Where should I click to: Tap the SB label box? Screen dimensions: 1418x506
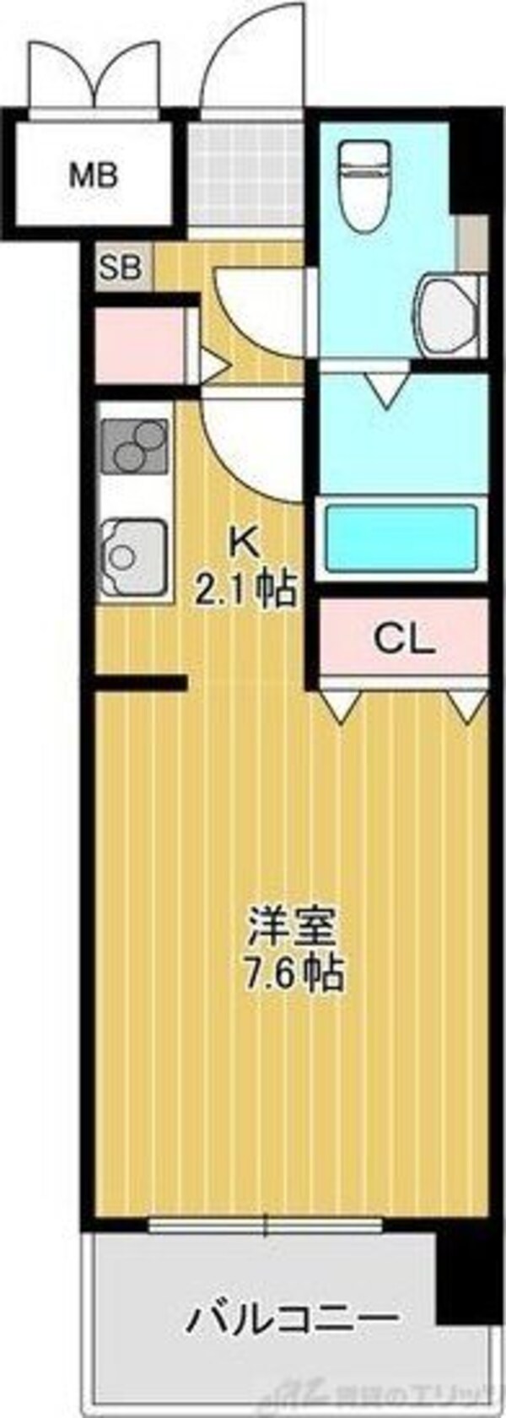click(x=121, y=268)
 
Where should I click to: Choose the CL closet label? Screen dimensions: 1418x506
click(x=404, y=640)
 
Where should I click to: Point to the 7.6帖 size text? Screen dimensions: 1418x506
click(x=292, y=975)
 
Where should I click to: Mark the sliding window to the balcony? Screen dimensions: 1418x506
click(x=265, y=1223)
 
